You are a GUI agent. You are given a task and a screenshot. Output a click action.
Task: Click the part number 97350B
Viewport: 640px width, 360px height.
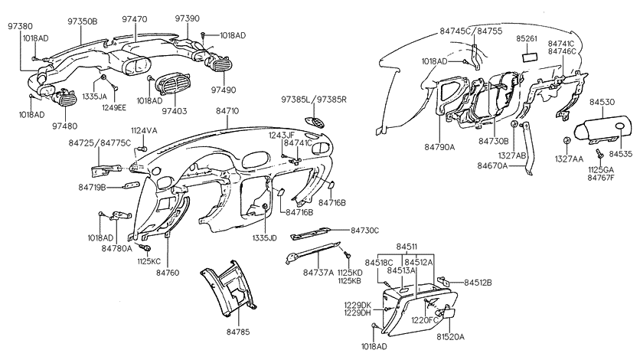(83, 21)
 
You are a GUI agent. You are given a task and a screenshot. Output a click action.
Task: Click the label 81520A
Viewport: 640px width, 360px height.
(450, 336)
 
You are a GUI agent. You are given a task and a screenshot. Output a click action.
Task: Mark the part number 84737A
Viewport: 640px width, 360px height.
(318, 272)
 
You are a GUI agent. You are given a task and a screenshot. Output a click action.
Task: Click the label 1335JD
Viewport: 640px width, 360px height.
(266, 238)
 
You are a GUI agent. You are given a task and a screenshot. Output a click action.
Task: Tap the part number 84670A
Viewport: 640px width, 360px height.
(493, 165)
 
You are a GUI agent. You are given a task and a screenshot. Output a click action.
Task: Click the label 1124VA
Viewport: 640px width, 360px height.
(143, 131)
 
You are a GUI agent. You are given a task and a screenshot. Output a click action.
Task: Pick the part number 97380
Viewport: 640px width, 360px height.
(21, 25)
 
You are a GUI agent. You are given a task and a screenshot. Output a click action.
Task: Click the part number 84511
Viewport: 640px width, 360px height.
(408, 247)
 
